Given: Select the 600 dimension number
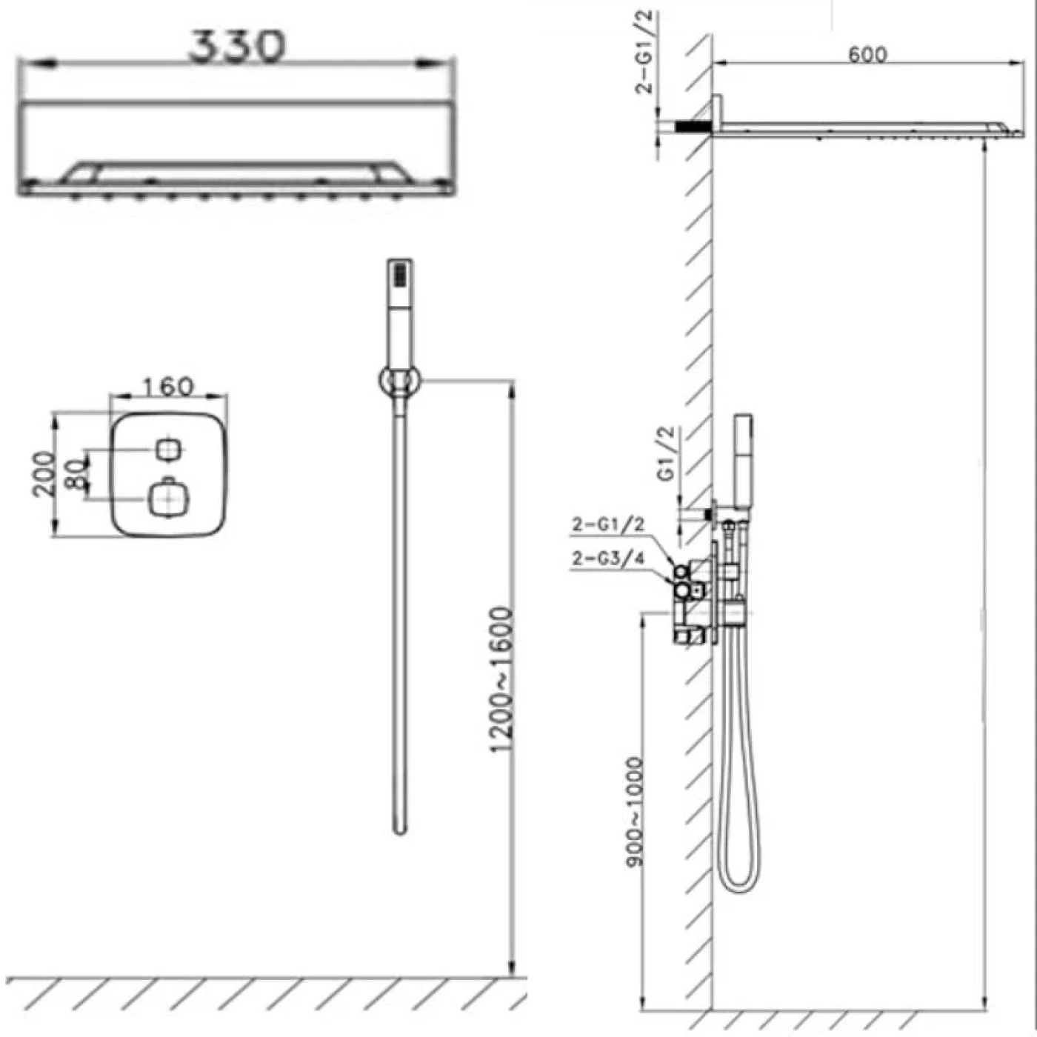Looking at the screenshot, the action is pyautogui.click(x=867, y=54).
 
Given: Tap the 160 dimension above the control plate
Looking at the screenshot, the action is pyautogui.click(x=168, y=387).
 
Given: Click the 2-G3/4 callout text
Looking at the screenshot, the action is pyautogui.click(x=607, y=559).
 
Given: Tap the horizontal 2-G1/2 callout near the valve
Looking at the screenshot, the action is pyautogui.click(x=607, y=525).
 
